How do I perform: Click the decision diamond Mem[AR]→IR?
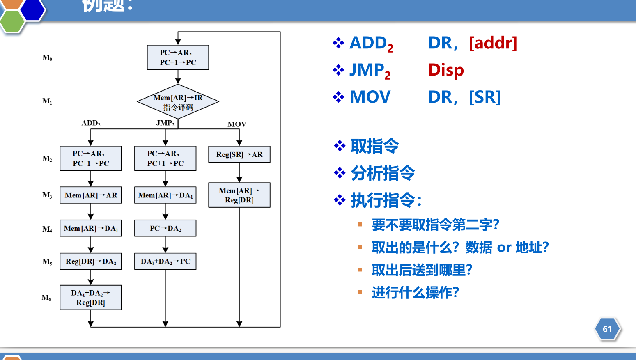point(178,102)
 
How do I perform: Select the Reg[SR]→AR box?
point(239,154)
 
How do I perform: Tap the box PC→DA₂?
point(165,228)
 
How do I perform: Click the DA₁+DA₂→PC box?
point(165,261)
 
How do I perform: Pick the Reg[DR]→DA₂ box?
point(91,261)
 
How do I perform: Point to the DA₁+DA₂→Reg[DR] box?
point(91,298)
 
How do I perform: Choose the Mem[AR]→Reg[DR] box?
point(239,195)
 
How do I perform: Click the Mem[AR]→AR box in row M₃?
point(91,195)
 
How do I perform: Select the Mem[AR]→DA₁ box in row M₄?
point(91,228)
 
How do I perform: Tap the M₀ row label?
point(47,58)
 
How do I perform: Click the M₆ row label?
point(46,298)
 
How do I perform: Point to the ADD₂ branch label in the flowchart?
point(91,123)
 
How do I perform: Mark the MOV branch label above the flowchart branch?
point(237,124)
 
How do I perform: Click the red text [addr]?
point(493,43)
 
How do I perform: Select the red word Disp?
point(446,70)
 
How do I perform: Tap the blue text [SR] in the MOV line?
point(485,97)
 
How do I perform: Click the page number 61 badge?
point(607,329)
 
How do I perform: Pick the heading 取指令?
point(374,146)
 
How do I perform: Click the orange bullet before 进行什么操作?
point(360,292)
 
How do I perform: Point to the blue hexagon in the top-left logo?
point(32,9)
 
